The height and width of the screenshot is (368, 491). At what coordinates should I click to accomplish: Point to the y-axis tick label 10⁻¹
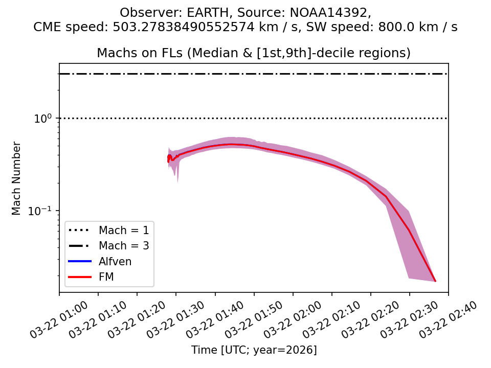tap(43, 211)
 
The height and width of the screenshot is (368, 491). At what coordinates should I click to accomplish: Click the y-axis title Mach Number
tap(17, 178)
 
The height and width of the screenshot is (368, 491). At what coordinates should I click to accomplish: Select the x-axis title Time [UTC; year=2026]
tap(254, 350)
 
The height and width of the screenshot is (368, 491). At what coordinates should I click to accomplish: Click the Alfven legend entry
tap(115, 262)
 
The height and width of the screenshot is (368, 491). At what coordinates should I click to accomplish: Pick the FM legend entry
tap(106, 277)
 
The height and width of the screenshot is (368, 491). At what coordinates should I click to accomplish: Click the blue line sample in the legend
tap(79, 262)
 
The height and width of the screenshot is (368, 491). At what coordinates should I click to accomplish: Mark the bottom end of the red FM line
tap(435, 281)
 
